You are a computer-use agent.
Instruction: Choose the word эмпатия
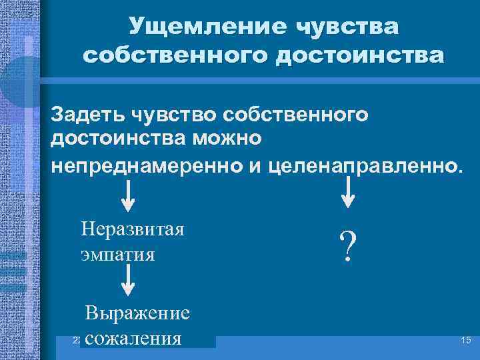[117, 254]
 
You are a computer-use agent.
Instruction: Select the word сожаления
[134, 337]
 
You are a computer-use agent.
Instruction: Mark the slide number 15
[465, 341]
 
